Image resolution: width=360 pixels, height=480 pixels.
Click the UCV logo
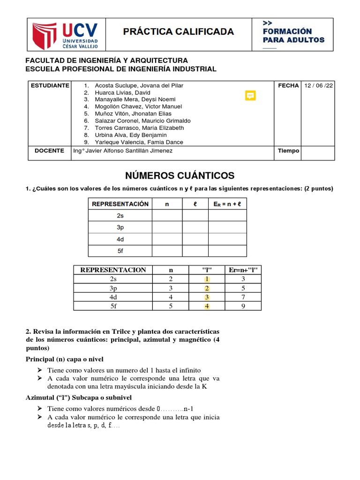point(66,34)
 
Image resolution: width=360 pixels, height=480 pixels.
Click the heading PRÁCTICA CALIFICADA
point(178,32)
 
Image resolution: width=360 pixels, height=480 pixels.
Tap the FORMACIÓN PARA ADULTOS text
point(293,35)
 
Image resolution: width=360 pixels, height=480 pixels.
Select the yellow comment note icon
point(251,96)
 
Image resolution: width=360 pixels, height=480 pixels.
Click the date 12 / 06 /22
point(319,86)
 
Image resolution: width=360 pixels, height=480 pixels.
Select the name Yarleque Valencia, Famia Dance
point(139,142)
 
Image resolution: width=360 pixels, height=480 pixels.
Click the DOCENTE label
point(49,150)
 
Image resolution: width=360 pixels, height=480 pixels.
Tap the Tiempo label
point(288,150)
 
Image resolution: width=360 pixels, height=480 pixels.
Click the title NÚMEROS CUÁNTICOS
point(180,176)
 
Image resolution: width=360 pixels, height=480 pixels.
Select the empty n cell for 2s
point(167,216)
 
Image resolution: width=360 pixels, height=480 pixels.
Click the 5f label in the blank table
point(120,251)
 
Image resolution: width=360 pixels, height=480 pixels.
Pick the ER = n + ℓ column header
point(227,204)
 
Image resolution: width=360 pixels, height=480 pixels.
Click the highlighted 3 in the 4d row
point(207,297)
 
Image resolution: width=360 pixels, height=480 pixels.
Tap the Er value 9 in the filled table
point(243,306)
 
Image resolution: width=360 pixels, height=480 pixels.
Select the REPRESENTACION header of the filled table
point(113,270)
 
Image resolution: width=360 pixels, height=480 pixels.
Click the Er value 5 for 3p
point(243,288)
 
